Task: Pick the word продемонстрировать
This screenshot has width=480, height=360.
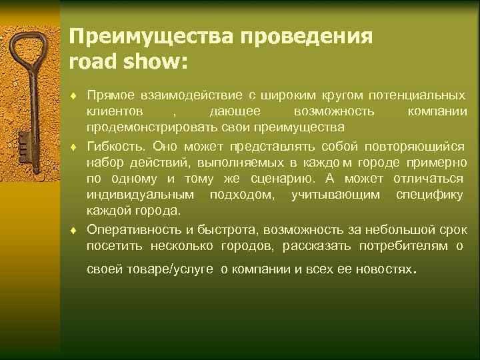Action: tap(145, 127)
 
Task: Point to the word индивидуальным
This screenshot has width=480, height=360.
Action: tap(141, 195)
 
